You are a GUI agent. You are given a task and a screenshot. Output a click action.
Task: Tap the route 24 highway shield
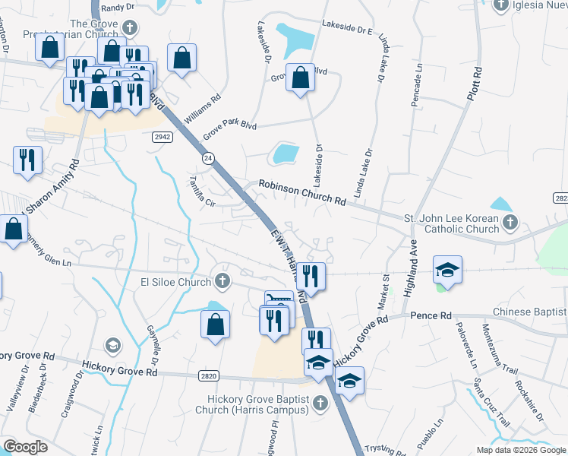point(207,157)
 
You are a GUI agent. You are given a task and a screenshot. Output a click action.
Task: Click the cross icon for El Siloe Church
point(222,281)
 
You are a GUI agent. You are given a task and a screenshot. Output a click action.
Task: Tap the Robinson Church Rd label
point(302,192)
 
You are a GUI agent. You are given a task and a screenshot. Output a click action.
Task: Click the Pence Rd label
point(431,315)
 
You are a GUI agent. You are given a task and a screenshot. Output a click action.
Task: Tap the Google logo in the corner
point(24,447)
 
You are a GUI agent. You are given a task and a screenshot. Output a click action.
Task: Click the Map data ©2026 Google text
point(520,450)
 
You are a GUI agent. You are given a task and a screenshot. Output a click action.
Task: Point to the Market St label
point(383,293)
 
